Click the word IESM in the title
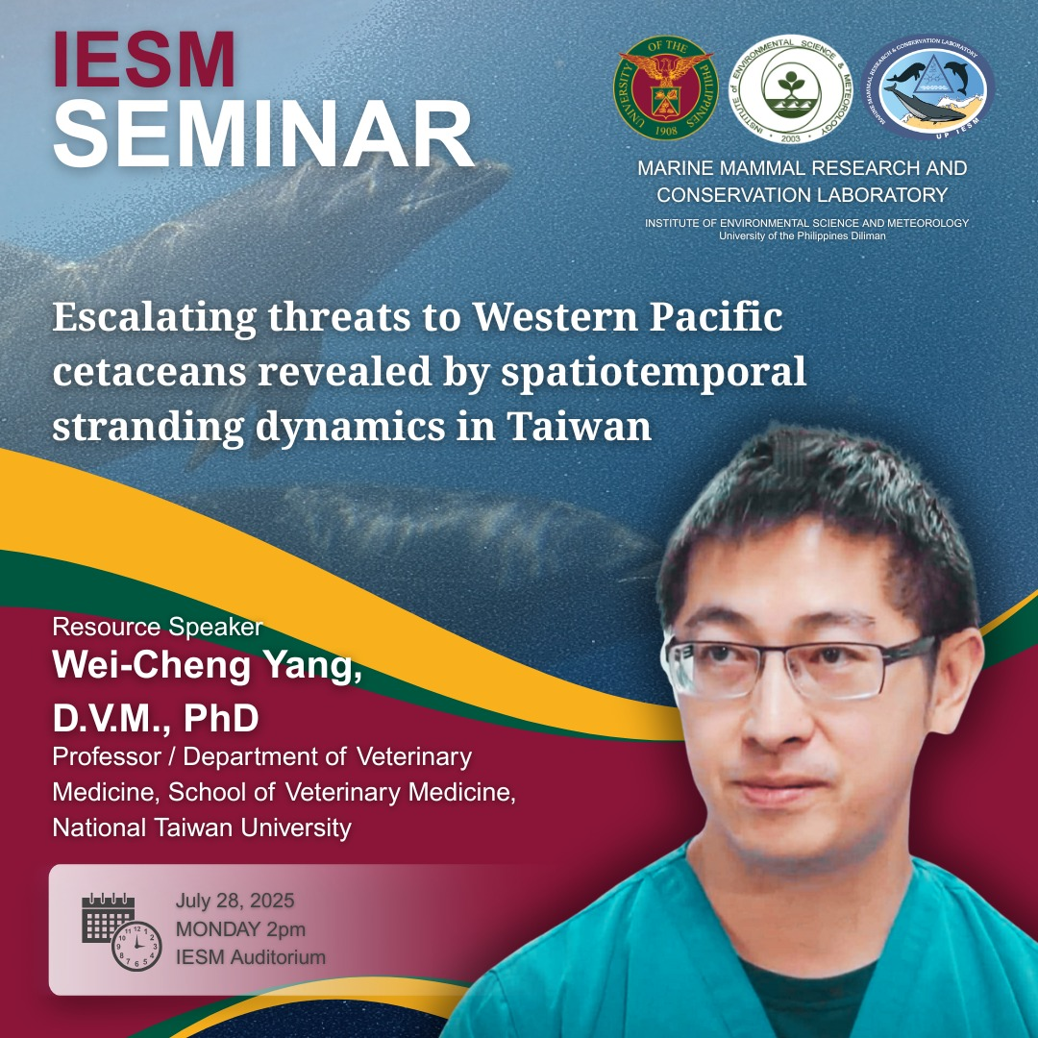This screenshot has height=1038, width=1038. [145, 62]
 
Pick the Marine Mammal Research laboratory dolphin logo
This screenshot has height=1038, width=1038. [927, 88]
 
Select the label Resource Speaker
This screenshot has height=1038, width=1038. [157, 628]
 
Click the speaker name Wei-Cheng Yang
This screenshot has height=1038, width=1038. [207, 667]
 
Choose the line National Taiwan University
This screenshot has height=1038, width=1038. [202, 827]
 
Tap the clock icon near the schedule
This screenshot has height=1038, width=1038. [136, 946]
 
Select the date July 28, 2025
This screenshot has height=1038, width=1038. [235, 902]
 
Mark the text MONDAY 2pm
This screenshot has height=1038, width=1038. [240, 929]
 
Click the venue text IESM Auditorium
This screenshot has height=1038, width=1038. [250, 957]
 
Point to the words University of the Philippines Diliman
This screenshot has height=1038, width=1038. [802, 235]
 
